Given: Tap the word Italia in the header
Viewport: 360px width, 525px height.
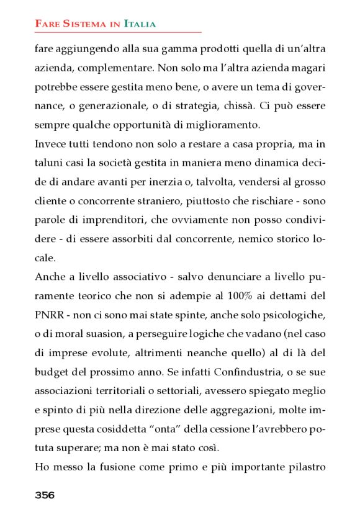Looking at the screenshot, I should coord(140,24).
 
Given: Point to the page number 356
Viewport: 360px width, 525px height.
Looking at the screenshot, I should coord(45,495).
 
